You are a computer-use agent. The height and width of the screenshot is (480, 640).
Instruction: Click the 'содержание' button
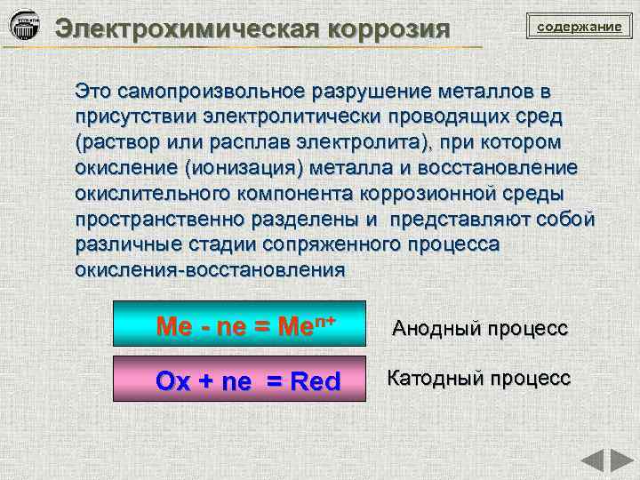point(580,26)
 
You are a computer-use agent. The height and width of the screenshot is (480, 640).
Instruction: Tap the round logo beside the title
point(25,25)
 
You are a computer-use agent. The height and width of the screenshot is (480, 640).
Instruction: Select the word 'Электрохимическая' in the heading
point(187,29)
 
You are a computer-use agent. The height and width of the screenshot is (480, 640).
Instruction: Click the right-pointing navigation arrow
point(622,460)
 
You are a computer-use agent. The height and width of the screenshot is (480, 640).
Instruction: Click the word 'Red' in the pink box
point(315,381)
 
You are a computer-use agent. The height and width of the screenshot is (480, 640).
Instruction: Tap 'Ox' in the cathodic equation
point(173,381)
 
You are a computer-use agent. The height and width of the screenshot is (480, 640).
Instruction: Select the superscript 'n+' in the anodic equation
point(325,321)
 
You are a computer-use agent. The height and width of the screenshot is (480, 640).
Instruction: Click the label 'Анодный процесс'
point(480,328)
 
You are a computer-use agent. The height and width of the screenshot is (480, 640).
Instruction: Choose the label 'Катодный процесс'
point(478,378)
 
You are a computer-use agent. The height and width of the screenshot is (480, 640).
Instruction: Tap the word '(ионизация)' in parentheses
point(244,168)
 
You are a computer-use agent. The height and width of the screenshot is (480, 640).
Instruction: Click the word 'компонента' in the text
point(295,194)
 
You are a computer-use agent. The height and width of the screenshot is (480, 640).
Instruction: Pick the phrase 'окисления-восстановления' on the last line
point(210,270)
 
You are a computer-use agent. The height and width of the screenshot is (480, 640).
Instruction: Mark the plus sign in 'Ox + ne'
point(205,381)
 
